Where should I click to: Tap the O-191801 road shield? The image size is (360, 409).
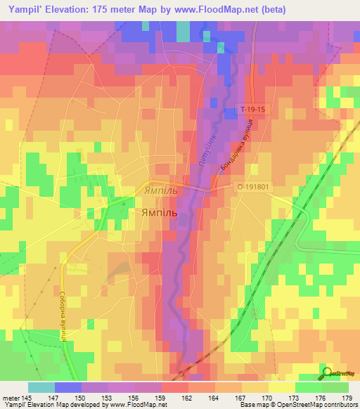point(252,187)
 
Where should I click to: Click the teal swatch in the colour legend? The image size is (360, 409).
point(41,387)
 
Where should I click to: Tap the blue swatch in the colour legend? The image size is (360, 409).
point(67,387)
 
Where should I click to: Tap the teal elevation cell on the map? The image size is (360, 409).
point(183,32)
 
